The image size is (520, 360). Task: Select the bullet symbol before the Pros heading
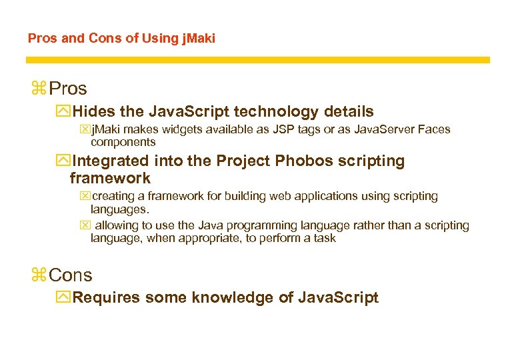(38, 88)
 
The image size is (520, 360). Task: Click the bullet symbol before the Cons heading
(38, 275)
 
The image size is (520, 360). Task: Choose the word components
(123, 142)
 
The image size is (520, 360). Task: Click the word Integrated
(111, 161)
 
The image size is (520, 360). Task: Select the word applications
(329, 196)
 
